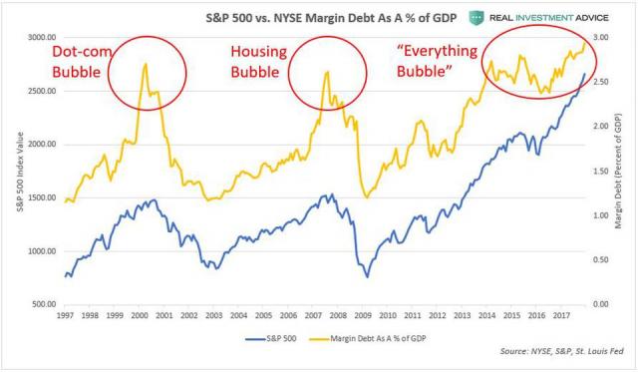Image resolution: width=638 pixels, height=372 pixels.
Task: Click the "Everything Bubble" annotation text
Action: pyautogui.click(x=427, y=62)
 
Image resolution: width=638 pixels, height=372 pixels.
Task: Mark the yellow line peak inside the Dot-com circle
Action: pyautogui.click(x=146, y=65)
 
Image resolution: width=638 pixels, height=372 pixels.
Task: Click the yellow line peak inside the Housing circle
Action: pyautogui.click(x=327, y=73)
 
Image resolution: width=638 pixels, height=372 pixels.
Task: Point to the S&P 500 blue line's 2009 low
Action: pyautogui.click(x=367, y=276)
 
